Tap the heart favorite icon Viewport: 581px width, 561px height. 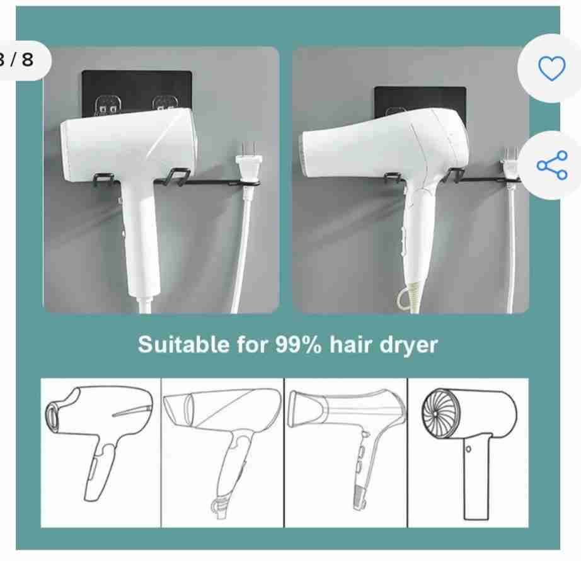coord(552,69)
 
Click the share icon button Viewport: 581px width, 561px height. coord(552,165)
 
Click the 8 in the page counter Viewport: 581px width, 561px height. coord(27,60)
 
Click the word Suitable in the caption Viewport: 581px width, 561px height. coord(183,344)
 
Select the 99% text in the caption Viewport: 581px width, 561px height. coord(298,344)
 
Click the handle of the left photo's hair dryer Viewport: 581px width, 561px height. coord(139,237)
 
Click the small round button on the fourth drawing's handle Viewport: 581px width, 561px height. coord(468,449)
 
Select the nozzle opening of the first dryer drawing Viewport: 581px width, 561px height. coord(52,417)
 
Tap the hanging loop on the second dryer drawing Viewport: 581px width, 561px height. coord(217,505)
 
